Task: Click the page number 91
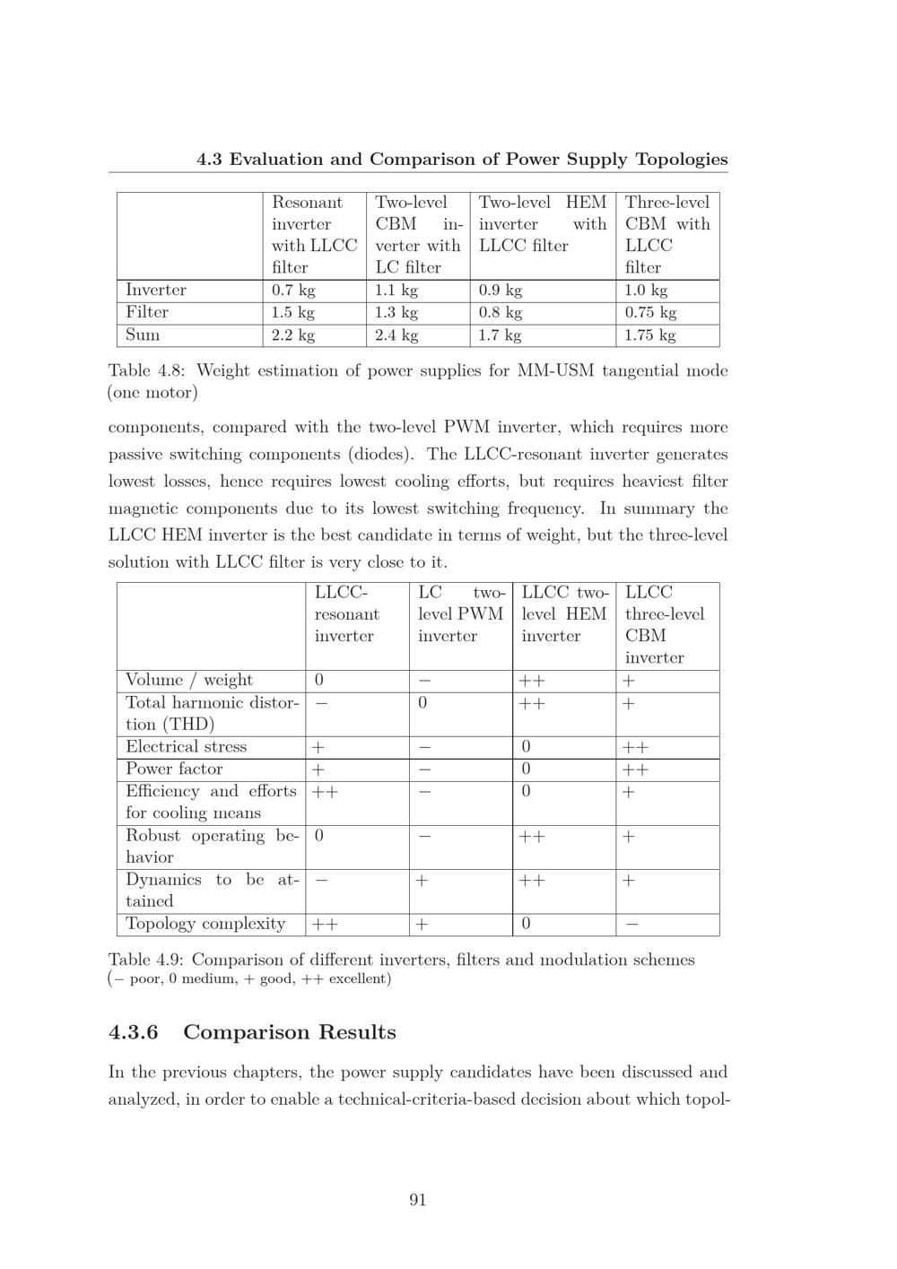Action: tap(417, 1200)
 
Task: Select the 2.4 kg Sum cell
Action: tap(396, 335)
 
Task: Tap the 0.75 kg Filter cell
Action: tap(650, 313)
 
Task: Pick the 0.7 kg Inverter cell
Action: tap(293, 291)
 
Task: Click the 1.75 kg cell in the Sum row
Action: tap(650, 335)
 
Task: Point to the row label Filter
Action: tap(147, 312)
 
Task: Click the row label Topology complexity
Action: tap(205, 924)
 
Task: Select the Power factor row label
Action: tap(174, 769)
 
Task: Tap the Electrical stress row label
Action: tap(186, 746)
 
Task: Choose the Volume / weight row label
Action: tap(189, 680)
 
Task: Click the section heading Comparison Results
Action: tap(289, 1032)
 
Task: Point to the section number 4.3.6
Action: tap(133, 1032)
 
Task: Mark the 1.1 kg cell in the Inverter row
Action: tap(396, 291)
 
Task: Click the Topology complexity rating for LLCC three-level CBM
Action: tap(631, 925)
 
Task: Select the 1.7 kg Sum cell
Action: tap(500, 335)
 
